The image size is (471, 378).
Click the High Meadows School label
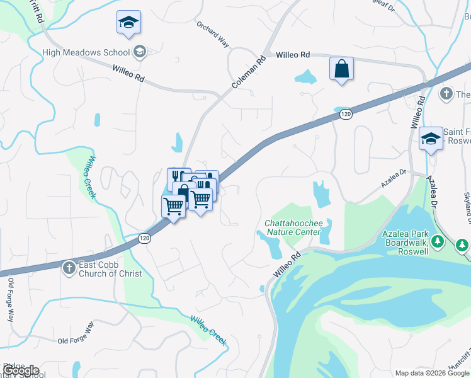coord(86,52)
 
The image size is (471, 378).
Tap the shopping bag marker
coord(341,69)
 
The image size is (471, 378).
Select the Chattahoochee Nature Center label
coord(293,227)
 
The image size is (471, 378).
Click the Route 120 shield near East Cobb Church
coord(145,238)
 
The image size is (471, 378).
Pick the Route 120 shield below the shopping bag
coord(344,114)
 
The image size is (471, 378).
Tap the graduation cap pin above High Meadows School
coord(128,23)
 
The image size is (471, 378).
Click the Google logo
coord(21,370)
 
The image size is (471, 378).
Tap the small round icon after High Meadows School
coord(140,52)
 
